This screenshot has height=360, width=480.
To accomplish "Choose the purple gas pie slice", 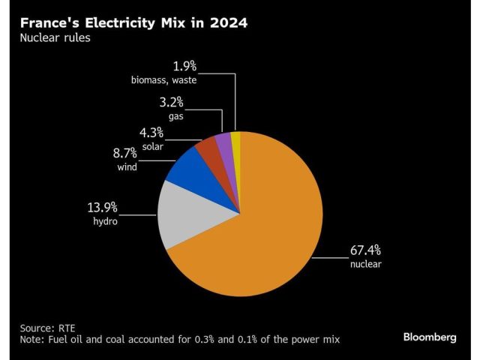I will [224, 143].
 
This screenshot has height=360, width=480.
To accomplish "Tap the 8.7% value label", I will [127, 153].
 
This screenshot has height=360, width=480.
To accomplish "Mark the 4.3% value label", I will [152, 133].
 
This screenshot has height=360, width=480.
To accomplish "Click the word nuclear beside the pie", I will [365, 264].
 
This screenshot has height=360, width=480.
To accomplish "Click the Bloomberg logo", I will [429, 337].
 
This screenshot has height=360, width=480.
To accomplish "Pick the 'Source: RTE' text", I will [49, 328].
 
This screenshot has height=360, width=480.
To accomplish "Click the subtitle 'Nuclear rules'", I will [55, 37].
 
